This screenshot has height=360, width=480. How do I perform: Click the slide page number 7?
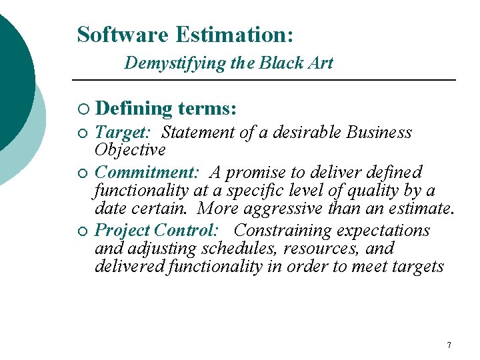pos(449,345)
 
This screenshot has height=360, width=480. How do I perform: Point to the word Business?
pos(379,133)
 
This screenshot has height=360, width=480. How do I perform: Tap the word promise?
pos(263,173)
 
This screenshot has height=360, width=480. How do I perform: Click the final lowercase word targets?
pos(418,267)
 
